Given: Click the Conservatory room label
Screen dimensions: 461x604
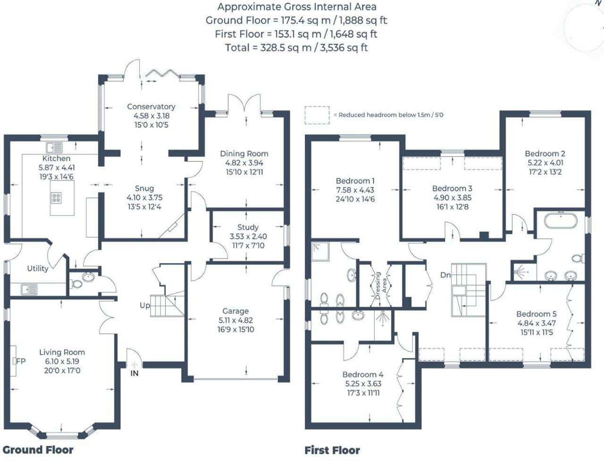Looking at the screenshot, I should point(151,107).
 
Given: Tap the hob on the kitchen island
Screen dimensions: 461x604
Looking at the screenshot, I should point(56,198).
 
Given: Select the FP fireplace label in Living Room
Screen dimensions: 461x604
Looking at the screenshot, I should point(20,361).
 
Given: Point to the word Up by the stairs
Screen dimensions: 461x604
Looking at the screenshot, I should point(145,305).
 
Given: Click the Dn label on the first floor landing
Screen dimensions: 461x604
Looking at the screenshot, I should point(445,275).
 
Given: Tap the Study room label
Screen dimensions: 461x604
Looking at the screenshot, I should point(248,227).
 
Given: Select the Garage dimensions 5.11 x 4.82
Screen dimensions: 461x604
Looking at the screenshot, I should point(235,320).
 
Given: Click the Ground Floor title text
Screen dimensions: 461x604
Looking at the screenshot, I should point(38,450).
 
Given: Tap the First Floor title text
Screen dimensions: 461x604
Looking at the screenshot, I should point(332,450).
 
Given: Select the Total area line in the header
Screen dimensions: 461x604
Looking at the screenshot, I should point(296,48).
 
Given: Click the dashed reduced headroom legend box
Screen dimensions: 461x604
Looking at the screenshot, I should point(317,115).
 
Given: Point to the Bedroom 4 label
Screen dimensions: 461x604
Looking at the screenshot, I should point(363,375).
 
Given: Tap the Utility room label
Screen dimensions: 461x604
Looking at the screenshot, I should point(38,268).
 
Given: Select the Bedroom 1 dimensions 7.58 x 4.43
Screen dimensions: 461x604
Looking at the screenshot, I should point(355,190).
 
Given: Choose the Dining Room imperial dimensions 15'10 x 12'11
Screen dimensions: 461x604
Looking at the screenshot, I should point(244,172).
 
